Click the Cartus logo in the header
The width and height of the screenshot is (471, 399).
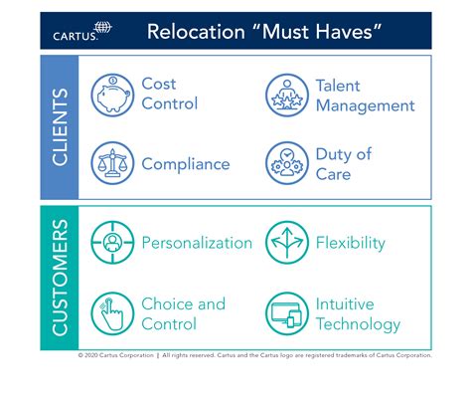pos(82,31)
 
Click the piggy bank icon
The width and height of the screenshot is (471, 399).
pos(111,95)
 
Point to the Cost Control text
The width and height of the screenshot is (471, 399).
pos(170,95)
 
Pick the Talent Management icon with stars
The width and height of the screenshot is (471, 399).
pos(285,95)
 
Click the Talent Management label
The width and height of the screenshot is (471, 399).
pos(365,96)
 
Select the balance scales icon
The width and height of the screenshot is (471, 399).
pos(111,162)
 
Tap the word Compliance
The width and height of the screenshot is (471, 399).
pos(186,163)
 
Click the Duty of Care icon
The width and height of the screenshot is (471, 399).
pos(285,162)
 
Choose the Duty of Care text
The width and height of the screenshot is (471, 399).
pos(343,163)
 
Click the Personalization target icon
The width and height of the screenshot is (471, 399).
pos(111,243)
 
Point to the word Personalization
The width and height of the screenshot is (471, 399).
pos(197,243)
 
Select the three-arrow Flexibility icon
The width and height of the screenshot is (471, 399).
pos(285,243)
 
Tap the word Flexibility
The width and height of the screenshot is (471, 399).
pos(350,243)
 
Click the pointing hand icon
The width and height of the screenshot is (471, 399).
pos(111,313)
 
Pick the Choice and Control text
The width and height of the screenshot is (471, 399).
pos(184,313)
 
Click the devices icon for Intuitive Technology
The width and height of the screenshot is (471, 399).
pos(285,313)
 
